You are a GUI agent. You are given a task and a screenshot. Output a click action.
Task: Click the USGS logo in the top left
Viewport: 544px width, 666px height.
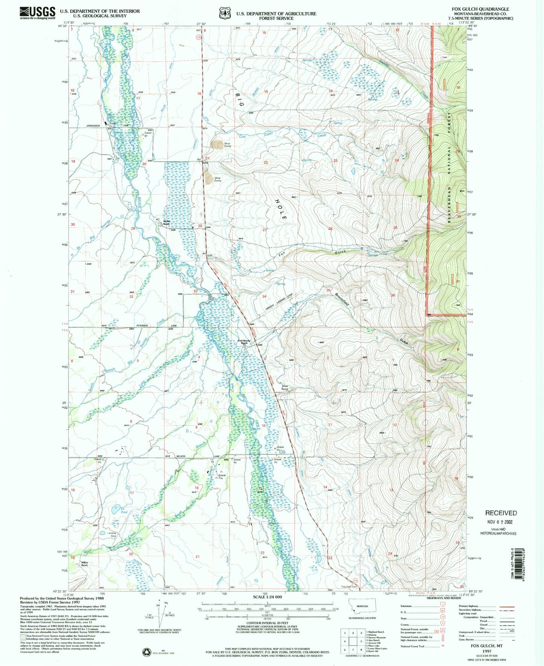(x=37, y=13)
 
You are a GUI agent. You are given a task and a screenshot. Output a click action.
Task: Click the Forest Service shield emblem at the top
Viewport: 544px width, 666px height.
(x=225, y=13)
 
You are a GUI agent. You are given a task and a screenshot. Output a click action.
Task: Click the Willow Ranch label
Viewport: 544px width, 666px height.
(x=84, y=564)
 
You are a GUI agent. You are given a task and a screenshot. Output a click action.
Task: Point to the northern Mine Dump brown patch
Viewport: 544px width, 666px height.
(x=217, y=145)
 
